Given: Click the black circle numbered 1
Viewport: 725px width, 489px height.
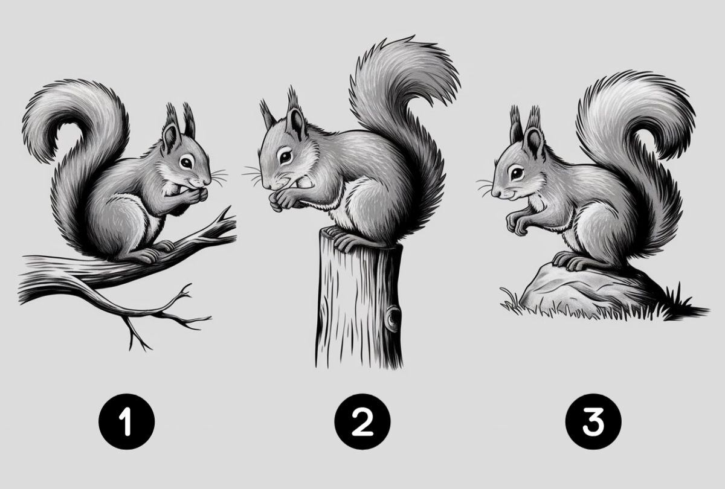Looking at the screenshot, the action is point(126,421).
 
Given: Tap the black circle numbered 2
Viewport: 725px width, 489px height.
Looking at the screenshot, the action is point(362,421).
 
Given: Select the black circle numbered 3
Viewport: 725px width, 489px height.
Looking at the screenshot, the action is point(593,421).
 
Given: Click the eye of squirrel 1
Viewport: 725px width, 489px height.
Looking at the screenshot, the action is point(186,162).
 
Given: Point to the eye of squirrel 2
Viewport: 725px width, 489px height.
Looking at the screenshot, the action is point(285,156).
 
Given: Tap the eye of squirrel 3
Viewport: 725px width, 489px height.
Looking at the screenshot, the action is point(517,174).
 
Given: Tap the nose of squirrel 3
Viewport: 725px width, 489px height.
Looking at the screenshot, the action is point(494,193).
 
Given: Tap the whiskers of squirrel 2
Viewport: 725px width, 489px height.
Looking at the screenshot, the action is point(253,174).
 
